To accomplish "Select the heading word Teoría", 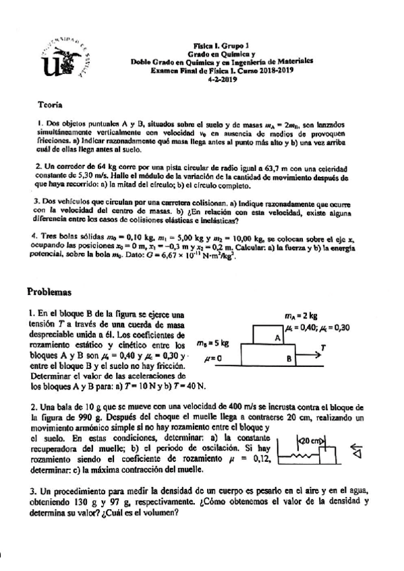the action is (x=51, y=104).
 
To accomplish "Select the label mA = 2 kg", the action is (x=301, y=314).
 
